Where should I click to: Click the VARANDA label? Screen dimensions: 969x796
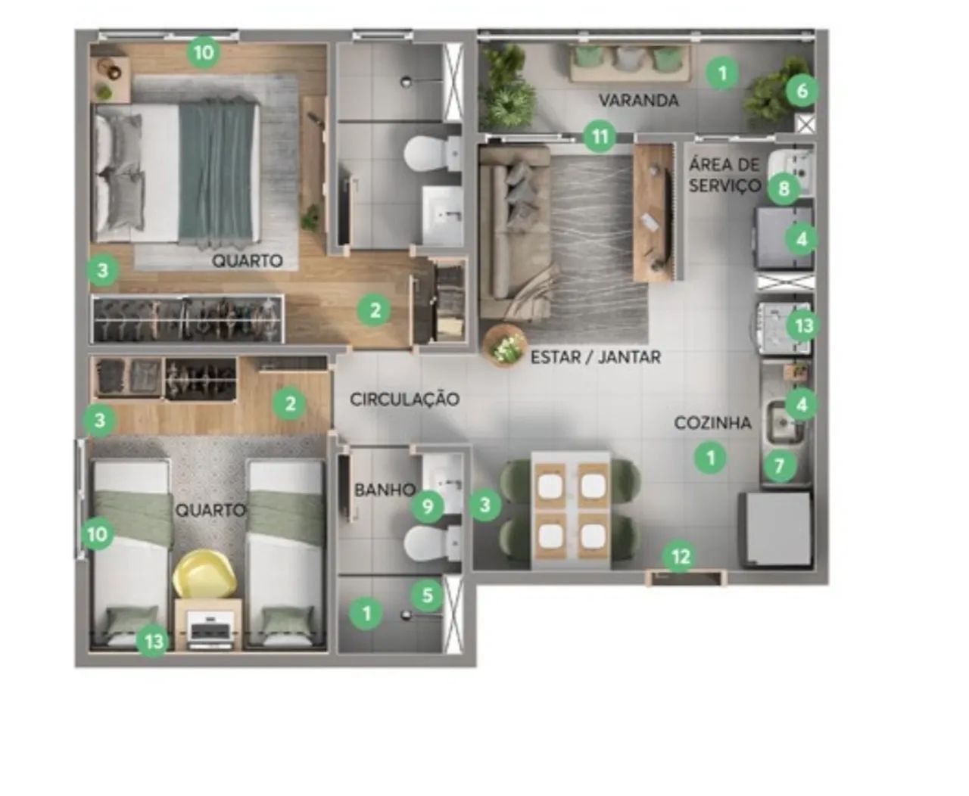(x=638, y=100)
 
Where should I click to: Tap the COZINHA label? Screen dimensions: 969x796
(x=712, y=422)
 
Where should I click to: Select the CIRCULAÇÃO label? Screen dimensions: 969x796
(x=404, y=400)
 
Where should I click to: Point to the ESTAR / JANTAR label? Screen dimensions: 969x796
(x=596, y=357)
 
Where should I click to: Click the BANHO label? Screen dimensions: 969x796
(x=385, y=490)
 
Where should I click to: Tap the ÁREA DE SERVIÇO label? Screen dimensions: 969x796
(x=725, y=175)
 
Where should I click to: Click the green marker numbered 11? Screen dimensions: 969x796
(x=600, y=136)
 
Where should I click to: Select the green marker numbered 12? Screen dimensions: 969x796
(x=681, y=557)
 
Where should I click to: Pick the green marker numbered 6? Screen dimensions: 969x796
(x=802, y=91)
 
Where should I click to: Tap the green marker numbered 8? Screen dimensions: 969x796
(x=784, y=188)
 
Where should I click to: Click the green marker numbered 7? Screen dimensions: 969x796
(x=779, y=466)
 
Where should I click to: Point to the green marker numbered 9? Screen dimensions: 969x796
(x=427, y=507)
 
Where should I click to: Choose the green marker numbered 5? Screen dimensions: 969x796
(x=427, y=595)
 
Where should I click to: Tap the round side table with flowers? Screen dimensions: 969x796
(x=505, y=345)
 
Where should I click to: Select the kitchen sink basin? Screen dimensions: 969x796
(x=785, y=421)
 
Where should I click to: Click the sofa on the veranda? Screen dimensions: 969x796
(x=630, y=63)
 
